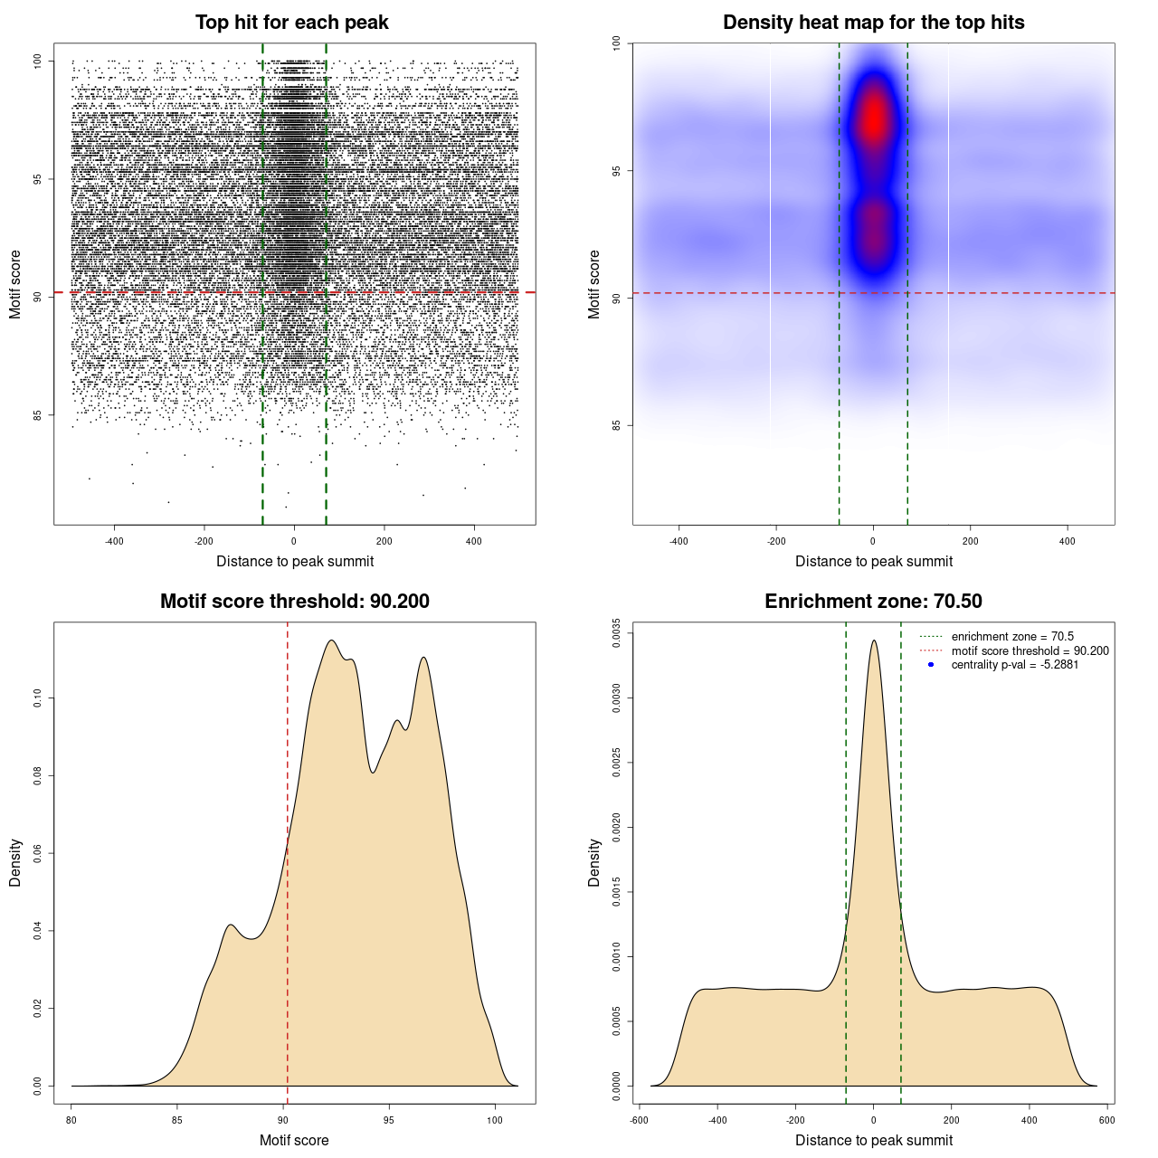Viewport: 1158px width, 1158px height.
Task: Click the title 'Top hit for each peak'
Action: (x=292, y=23)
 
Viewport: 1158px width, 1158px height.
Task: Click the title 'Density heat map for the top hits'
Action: (x=873, y=23)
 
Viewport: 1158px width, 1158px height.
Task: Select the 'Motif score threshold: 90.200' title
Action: (x=294, y=602)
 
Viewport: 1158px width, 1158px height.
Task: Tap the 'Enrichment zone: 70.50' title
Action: (x=873, y=602)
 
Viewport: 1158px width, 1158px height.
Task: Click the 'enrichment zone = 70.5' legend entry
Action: (x=1012, y=637)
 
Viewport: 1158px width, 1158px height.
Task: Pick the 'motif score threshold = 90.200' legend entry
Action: (x=1030, y=651)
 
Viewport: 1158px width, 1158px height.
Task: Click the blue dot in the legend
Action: (x=931, y=665)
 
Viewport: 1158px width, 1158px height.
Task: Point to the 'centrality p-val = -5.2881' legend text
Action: (x=1014, y=665)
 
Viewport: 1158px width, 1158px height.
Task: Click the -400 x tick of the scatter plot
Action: (x=114, y=541)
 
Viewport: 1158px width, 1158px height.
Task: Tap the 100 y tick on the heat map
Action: (x=617, y=43)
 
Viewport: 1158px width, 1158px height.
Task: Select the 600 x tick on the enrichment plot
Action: (x=1106, y=1120)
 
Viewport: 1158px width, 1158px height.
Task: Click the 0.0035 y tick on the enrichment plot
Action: (x=617, y=628)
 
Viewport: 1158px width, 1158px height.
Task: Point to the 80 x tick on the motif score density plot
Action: (x=72, y=1120)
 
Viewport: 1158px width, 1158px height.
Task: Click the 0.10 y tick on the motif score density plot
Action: (x=38, y=698)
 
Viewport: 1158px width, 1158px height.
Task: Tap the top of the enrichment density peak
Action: (x=874, y=641)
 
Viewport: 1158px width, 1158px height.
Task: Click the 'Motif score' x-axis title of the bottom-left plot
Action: (x=294, y=1140)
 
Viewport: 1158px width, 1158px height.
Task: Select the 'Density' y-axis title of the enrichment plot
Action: (x=594, y=862)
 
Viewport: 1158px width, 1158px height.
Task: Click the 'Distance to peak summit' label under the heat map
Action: (x=874, y=561)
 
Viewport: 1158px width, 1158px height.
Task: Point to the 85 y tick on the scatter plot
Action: (x=38, y=415)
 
